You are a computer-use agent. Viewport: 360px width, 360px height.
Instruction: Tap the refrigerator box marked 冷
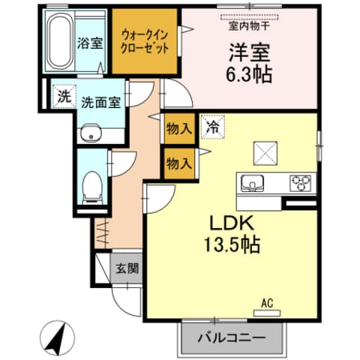[x=211, y=126]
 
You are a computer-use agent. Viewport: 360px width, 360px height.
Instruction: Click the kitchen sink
[x=252, y=181]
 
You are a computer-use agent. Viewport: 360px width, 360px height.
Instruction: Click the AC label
[x=267, y=303]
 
